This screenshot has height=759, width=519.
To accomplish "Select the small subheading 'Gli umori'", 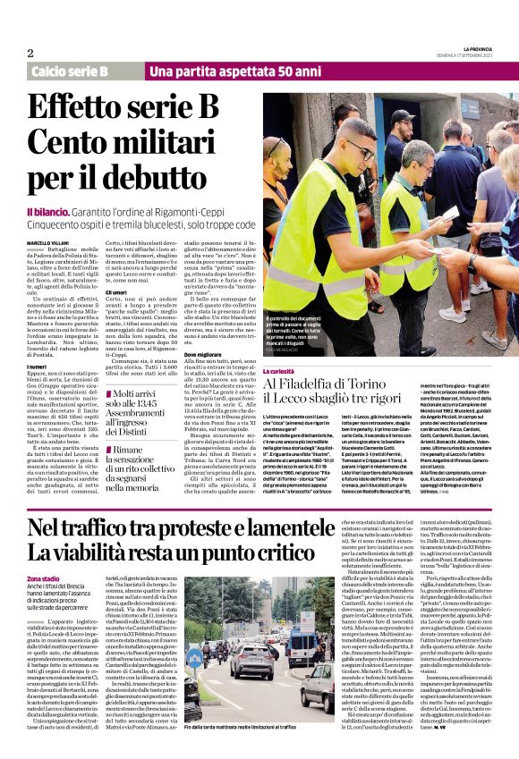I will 117,291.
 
